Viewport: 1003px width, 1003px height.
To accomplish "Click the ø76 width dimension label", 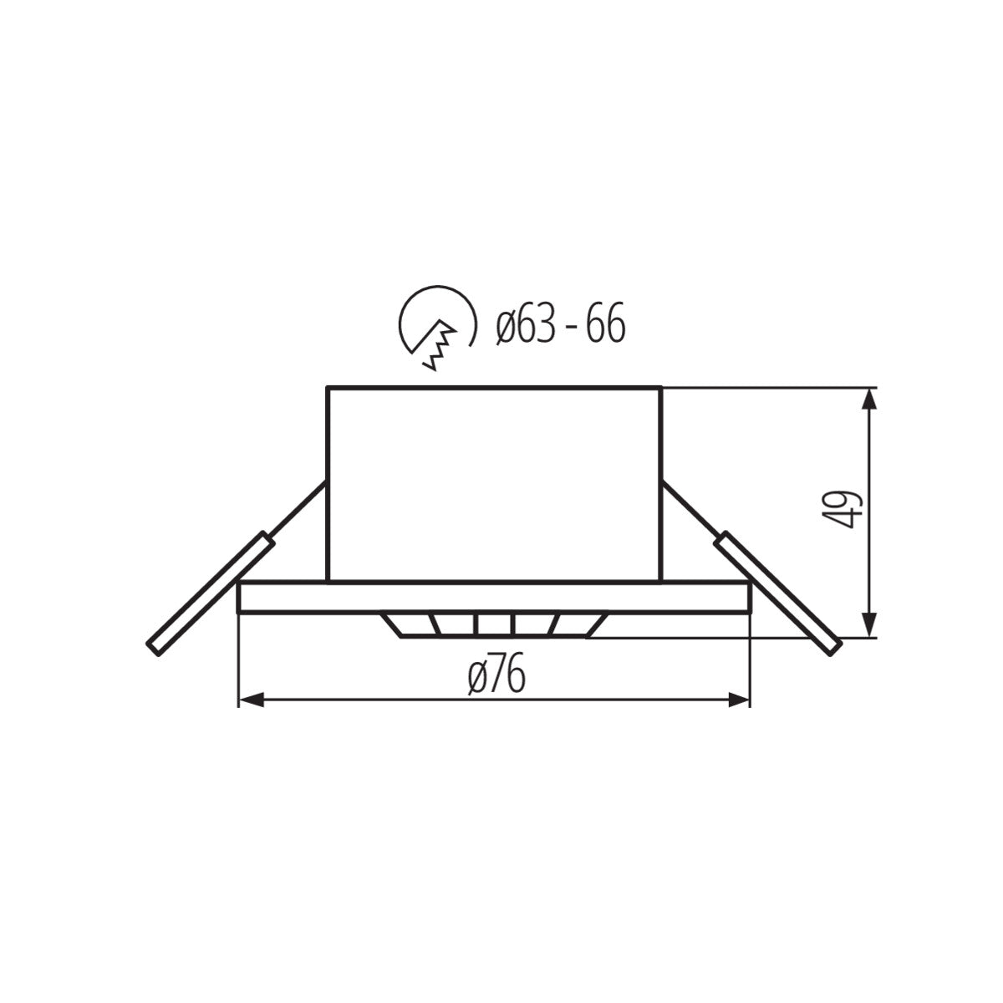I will point(497,676).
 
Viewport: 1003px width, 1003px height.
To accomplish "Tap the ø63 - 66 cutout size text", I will point(559,325).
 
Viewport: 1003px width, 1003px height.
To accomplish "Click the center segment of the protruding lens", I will point(495,626).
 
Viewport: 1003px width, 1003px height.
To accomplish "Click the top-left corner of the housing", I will point(328,388).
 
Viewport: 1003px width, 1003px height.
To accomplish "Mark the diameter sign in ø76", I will point(478,677).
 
